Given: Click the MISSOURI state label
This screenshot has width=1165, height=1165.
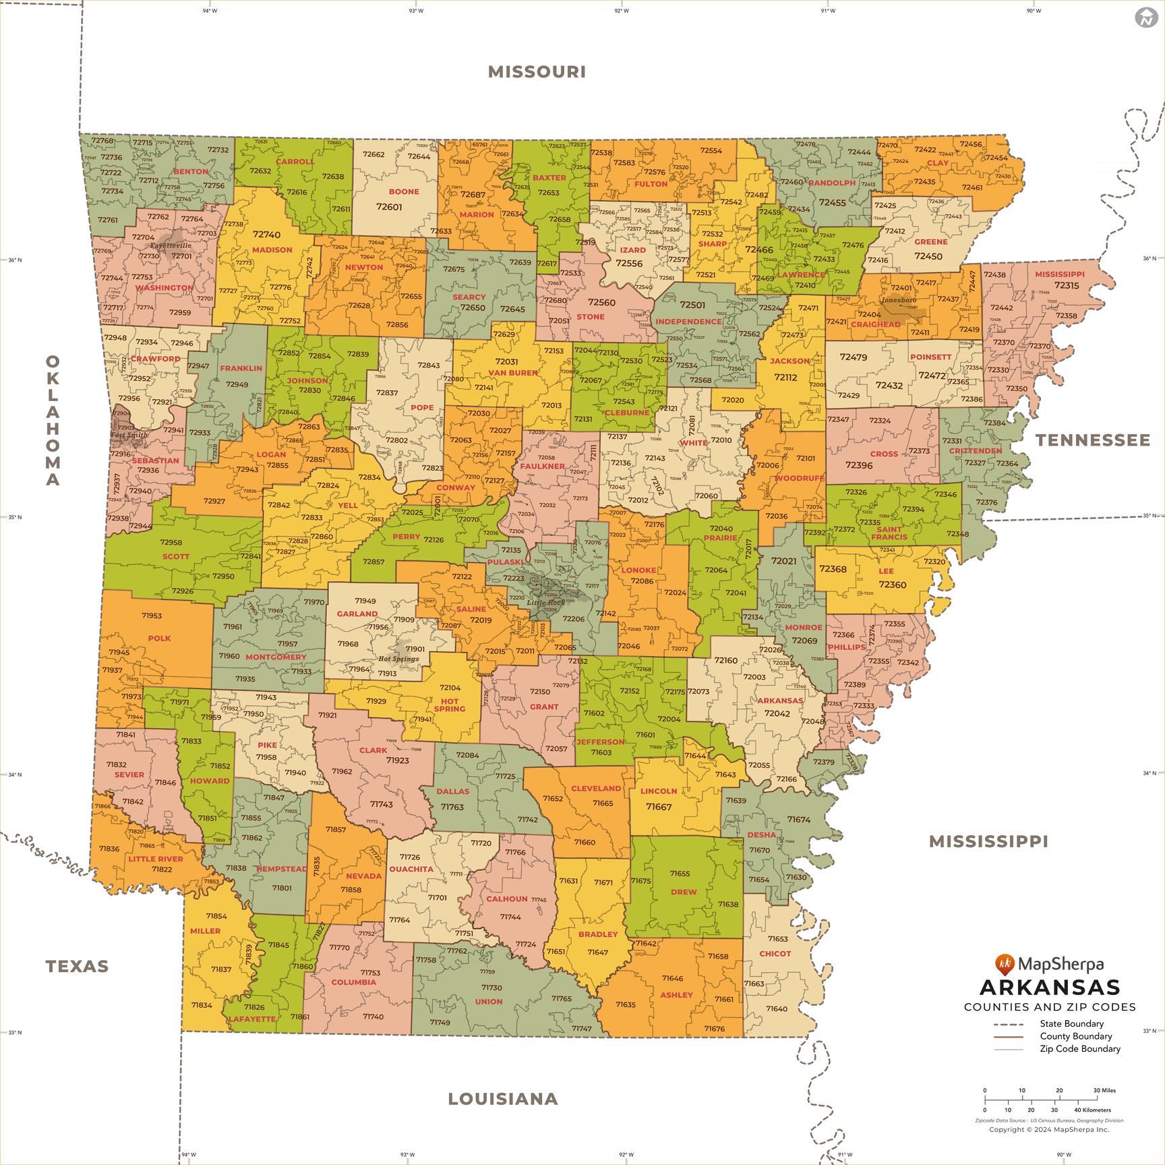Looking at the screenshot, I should pyautogui.click(x=537, y=71).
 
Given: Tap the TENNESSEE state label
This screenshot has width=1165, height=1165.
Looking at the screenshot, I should pyautogui.click(x=1093, y=440).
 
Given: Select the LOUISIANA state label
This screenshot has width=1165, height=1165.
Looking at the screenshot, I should pyautogui.click(x=503, y=1099).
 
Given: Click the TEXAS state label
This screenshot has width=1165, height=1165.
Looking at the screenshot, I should pyautogui.click(x=77, y=966).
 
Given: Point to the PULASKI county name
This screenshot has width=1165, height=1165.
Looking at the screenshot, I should pyautogui.click(x=505, y=562).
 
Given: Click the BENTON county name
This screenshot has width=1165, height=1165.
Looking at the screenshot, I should pyautogui.click(x=191, y=171).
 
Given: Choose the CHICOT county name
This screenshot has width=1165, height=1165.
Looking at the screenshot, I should pyautogui.click(x=775, y=953).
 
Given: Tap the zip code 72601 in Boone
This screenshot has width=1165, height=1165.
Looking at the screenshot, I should pyautogui.click(x=389, y=207).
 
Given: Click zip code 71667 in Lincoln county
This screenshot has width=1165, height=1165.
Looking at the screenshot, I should pyautogui.click(x=659, y=806).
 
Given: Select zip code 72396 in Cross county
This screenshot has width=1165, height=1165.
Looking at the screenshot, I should pyautogui.click(x=859, y=465).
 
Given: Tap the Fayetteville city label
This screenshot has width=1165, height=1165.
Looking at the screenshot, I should pyautogui.click(x=171, y=245).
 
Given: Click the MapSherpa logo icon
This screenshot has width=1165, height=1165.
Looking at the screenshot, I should pyautogui.click(x=1005, y=965).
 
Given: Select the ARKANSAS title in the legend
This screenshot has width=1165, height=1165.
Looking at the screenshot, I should pyautogui.click(x=1049, y=988).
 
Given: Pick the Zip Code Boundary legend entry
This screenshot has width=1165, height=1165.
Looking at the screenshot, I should pyautogui.click(x=1079, y=1048).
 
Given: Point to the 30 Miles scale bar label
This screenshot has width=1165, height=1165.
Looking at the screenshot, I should pyautogui.click(x=1104, y=1090).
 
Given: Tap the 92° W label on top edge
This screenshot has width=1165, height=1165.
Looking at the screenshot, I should pyautogui.click(x=621, y=11).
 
